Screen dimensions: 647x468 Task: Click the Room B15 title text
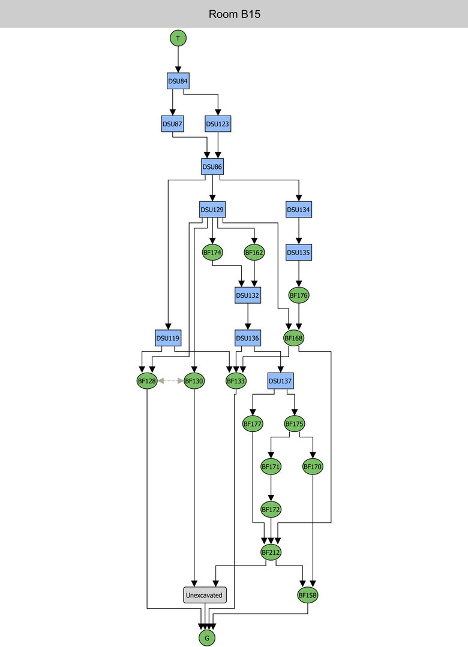tap(234, 14)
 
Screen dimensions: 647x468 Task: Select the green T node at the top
tap(178, 38)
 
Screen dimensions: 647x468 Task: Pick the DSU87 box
tap(172, 124)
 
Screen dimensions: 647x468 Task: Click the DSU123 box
tap(218, 124)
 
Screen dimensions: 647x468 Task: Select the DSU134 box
tap(298, 209)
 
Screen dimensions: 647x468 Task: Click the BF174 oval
tap(212, 253)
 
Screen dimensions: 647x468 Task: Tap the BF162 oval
tap(254, 253)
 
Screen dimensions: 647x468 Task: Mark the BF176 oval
tap(298, 295)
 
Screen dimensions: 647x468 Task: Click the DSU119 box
tap(168, 338)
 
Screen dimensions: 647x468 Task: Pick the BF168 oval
tap(293, 338)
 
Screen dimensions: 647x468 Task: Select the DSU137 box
tap(280, 380)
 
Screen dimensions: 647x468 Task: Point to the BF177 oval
tap(253, 424)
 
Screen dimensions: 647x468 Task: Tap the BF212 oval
tap(271, 552)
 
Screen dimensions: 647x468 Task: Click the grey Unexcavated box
tap(204, 595)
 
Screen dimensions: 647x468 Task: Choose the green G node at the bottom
tap(207, 638)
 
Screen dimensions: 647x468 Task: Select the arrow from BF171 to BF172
tap(271, 487)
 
